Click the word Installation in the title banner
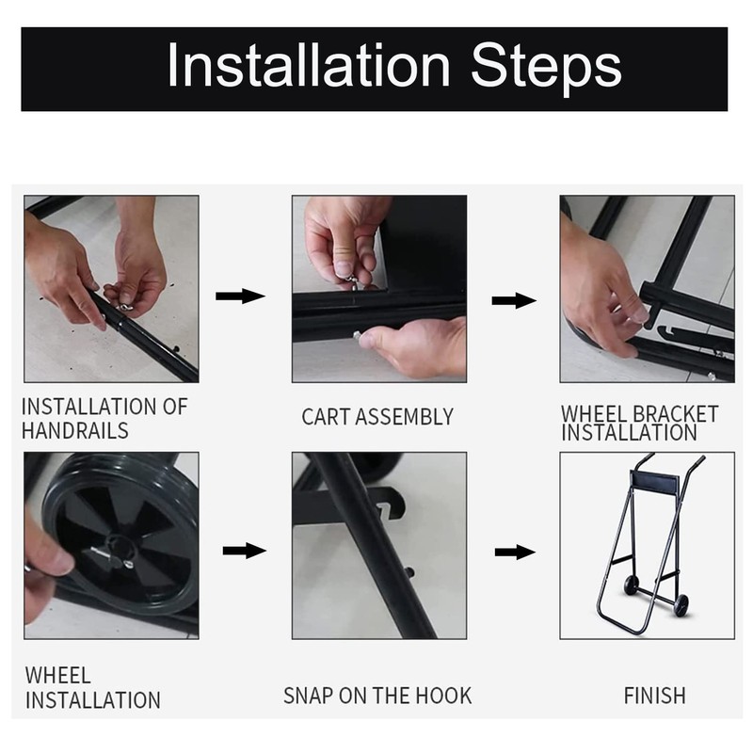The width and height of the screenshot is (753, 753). coord(309,65)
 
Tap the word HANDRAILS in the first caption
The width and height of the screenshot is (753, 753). coord(75,430)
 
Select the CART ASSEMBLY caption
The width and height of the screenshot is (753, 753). coord(377,417)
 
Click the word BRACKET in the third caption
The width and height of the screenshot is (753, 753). coord(675,414)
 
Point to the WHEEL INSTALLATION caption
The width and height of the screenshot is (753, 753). coord(92,688)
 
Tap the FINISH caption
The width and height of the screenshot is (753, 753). coord(654,696)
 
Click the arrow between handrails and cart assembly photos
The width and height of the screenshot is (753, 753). coord(240,296)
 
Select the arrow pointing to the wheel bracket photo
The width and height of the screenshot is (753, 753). coord(514,301)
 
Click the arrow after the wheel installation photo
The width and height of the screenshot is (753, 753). coord(244,551)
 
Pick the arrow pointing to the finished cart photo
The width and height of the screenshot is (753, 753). coord(515,553)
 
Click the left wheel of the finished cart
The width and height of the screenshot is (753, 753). coord(631,585)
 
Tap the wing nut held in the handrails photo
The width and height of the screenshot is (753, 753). coord(125,306)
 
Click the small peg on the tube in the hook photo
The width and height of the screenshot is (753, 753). coord(409,572)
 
